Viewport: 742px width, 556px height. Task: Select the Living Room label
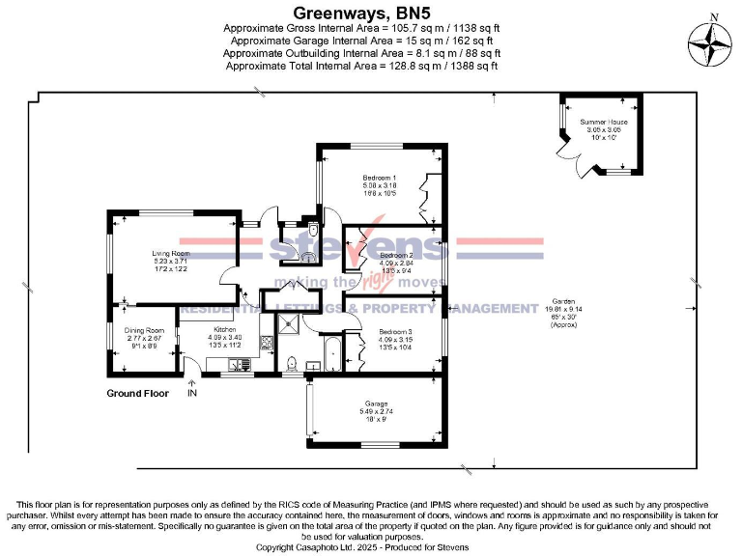(x=136, y=260)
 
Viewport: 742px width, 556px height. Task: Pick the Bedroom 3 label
(x=396, y=339)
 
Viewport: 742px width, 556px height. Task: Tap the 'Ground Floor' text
(x=137, y=394)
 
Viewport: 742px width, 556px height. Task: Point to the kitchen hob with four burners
(x=243, y=364)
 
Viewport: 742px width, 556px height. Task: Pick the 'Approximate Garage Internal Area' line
(x=361, y=42)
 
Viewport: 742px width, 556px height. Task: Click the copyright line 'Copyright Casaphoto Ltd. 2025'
(x=361, y=547)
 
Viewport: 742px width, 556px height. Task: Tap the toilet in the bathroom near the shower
(x=292, y=363)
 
